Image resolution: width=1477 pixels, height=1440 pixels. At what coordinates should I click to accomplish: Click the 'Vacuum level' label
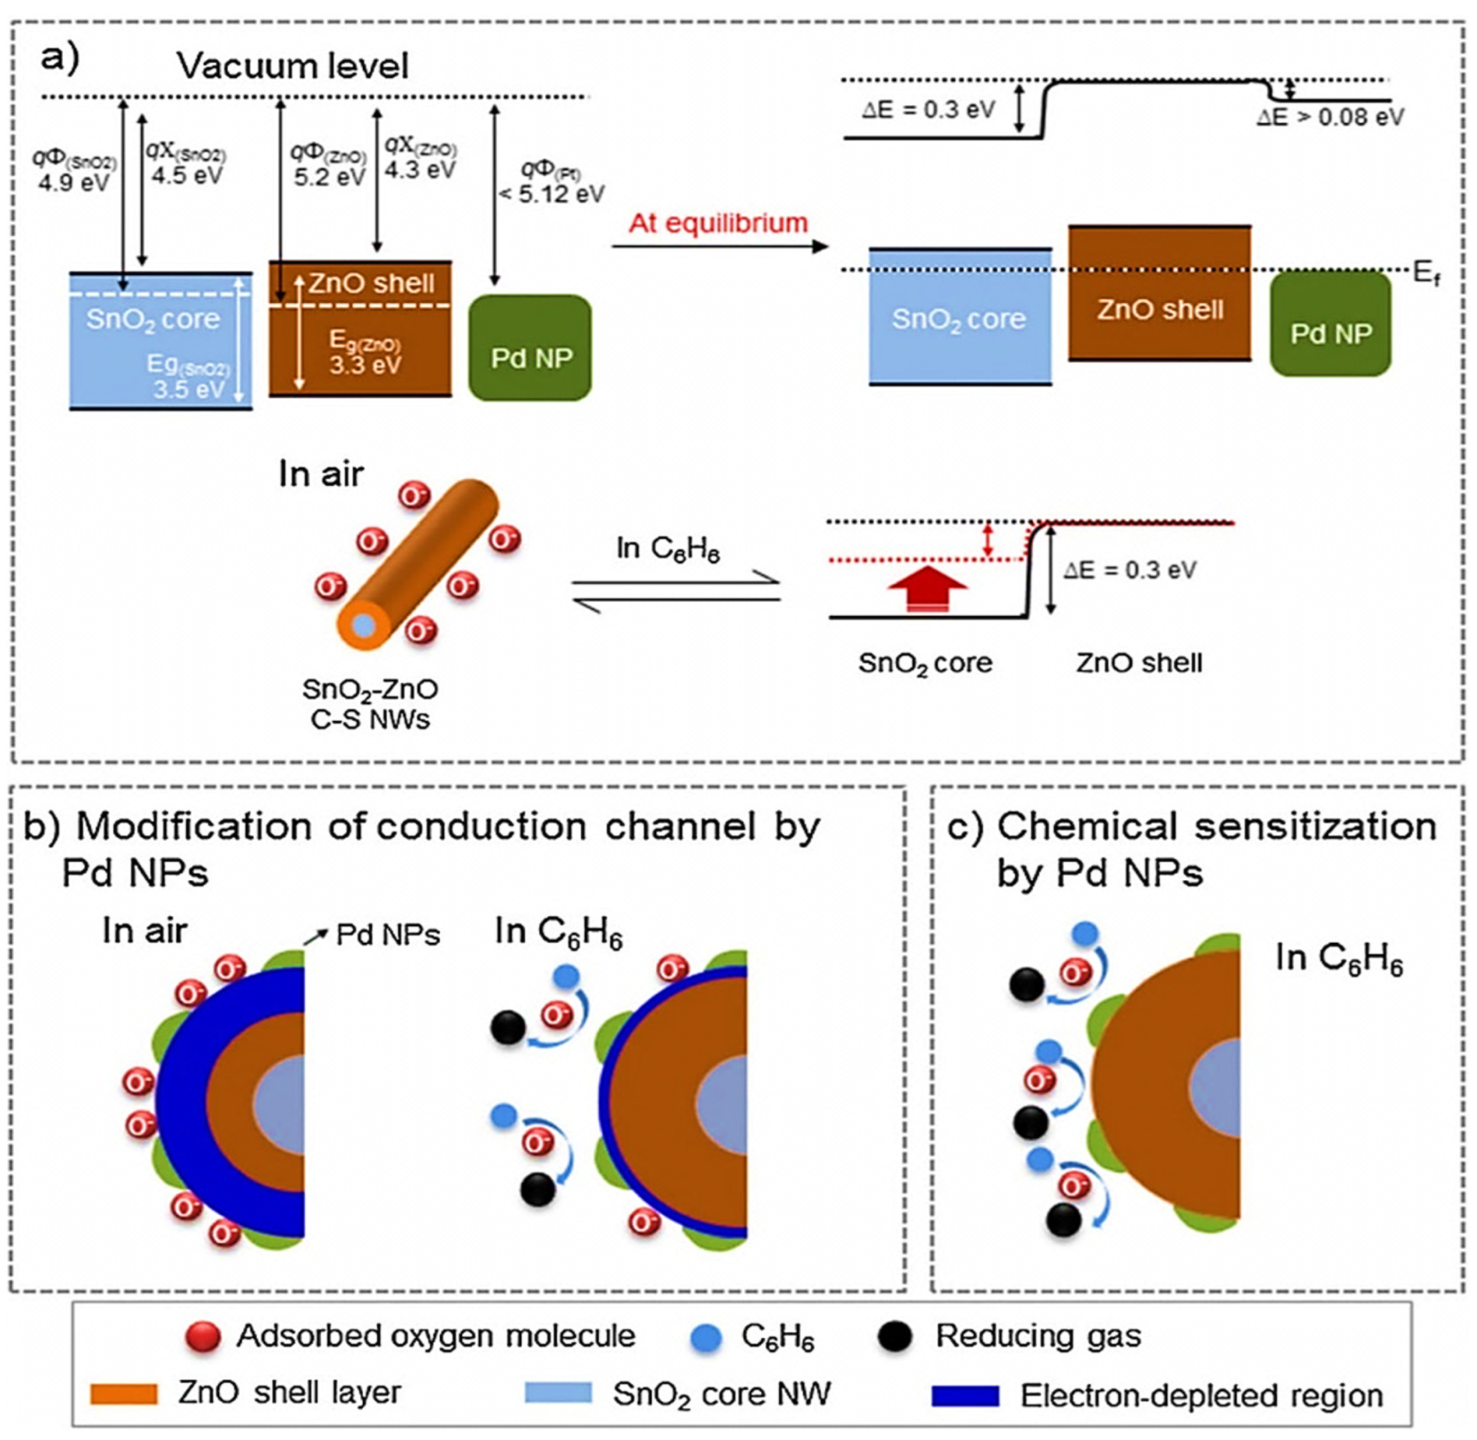tap(292, 66)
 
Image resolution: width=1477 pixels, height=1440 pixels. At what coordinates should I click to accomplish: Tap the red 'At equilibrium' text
tap(718, 223)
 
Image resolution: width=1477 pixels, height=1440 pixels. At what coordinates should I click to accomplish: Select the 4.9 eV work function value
tap(73, 183)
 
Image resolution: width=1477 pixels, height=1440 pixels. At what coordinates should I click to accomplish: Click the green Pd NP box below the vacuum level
tap(530, 348)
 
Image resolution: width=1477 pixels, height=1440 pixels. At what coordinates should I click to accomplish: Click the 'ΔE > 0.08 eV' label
tap(1330, 118)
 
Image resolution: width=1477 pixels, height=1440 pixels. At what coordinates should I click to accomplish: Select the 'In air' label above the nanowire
tap(321, 474)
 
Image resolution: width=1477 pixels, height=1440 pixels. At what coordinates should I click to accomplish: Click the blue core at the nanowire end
tap(364, 625)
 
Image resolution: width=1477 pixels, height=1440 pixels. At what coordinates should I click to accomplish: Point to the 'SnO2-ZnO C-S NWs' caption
tap(370, 703)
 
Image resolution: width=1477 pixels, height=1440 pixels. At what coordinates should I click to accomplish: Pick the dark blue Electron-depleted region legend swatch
tap(965, 1395)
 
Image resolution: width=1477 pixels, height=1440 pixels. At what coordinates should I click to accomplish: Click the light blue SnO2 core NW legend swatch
tap(558, 1393)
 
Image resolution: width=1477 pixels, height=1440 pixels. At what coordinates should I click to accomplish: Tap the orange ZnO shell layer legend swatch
tap(124, 1394)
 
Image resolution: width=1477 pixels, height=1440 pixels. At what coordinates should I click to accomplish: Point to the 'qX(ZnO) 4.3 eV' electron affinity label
tap(420, 157)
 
